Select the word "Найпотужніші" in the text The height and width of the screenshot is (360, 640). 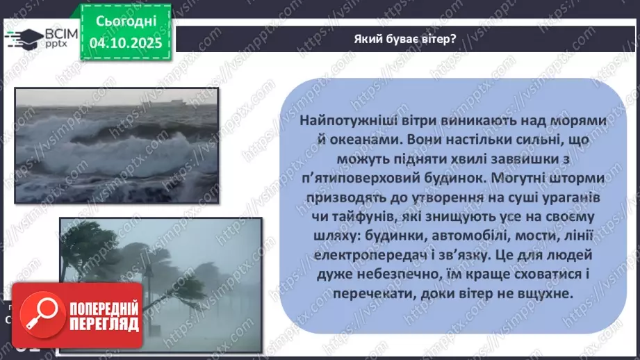[340, 121]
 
